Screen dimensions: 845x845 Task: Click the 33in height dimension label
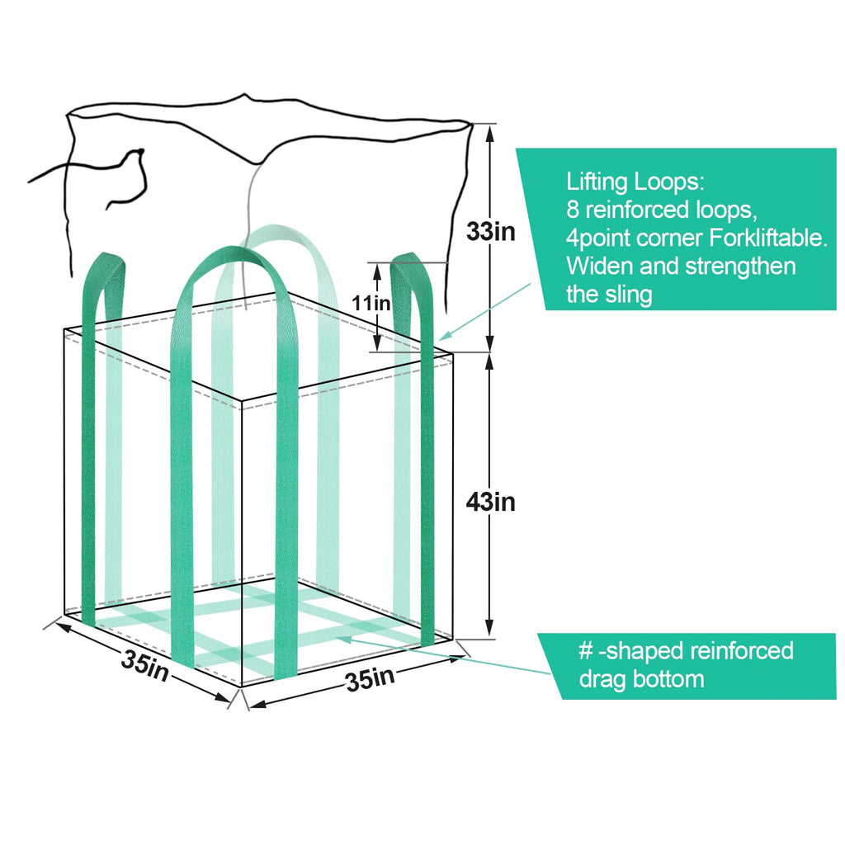(x=490, y=232)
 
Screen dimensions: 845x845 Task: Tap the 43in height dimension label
(x=490, y=501)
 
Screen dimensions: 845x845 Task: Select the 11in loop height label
(x=371, y=303)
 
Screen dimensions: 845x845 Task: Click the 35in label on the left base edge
(x=145, y=664)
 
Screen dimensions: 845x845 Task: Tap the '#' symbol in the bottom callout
(x=586, y=650)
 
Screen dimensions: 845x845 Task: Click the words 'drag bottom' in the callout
(x=641, y=679)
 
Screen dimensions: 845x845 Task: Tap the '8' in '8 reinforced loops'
(x=572, y=210)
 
